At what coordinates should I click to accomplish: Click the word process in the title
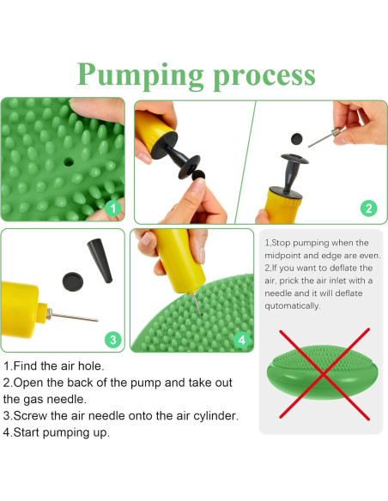point(264,76)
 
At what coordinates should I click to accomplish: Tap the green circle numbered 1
point(113,208)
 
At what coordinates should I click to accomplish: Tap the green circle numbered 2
point(368,208)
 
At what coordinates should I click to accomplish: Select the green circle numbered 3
point(113,340)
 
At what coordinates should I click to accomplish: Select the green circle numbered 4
point(242,340)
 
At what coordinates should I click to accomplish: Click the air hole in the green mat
point(69,161)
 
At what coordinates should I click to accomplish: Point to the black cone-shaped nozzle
point(100,261)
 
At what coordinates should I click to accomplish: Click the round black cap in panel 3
point(73,281)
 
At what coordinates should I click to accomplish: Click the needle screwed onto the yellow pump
point(73,316)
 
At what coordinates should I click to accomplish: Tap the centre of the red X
point(324,374)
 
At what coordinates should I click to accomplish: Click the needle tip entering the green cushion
point(200,314)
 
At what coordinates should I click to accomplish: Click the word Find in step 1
point(25,365)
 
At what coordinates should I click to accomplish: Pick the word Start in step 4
point(27,432)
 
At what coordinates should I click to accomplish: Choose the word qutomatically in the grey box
point(292,306)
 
